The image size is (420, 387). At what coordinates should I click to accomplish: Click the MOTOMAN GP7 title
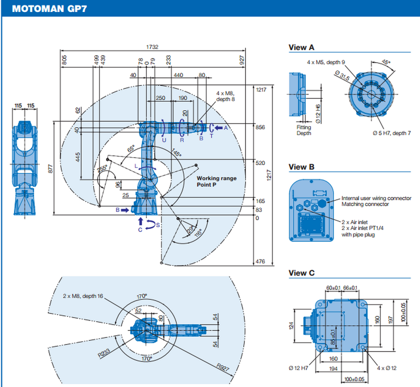click(49, 9)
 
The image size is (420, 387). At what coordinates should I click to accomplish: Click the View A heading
click(301, 48)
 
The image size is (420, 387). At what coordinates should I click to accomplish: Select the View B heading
click(301, 167)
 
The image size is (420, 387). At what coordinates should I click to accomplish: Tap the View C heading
click(301, 273)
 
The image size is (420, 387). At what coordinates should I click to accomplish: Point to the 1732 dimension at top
click(152, 47)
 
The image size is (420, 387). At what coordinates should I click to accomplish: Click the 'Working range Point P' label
click(216, 181)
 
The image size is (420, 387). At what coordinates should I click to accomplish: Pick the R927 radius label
click(222, 367)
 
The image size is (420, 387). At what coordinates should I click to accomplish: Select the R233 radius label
click(104, 353)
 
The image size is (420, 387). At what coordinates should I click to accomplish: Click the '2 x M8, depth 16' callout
click(83, 296)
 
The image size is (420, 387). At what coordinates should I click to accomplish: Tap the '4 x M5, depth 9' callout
click(326, 62)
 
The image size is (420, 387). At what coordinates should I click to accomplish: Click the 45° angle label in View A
click(385, 62)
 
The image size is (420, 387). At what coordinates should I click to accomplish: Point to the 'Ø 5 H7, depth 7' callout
click(392, 133)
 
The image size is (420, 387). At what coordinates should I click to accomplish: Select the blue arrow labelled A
click(218, 128)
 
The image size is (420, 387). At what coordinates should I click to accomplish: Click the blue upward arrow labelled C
click(141, 221)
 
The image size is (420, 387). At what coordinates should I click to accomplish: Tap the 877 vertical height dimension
click(50, 169)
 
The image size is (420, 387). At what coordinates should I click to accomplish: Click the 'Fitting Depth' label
click(303, 130)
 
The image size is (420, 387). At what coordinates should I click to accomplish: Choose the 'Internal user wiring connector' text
click(376, 198)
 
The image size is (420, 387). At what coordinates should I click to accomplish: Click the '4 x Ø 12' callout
click(386, 368)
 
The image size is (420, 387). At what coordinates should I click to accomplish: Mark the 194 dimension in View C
click(334, 369)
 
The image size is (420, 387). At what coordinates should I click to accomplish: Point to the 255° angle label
click(102, 168)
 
